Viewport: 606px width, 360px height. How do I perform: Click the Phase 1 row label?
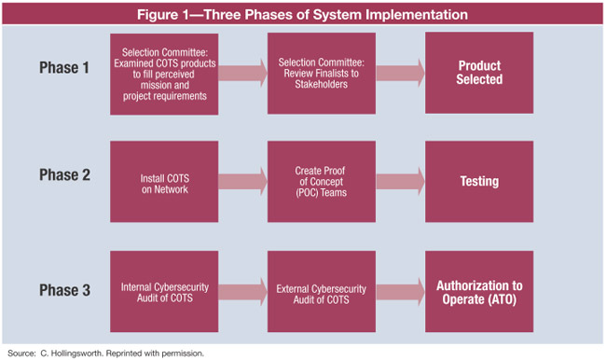pos(64,68)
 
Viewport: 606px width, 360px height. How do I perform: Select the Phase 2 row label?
pos(64,182)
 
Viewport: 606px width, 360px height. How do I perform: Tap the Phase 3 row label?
pos(64,290)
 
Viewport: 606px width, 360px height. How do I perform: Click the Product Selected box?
pos(479,74)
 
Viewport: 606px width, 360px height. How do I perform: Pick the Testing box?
pos(479,182)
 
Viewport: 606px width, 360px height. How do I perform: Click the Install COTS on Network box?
pos(163,182)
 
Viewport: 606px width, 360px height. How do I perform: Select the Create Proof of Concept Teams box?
pos(321,182)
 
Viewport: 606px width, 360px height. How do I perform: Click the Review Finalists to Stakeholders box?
pos(321,74)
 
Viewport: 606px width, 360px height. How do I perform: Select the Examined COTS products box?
pos(163,74)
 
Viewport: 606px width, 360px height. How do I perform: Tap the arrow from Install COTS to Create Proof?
pos(243,182)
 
